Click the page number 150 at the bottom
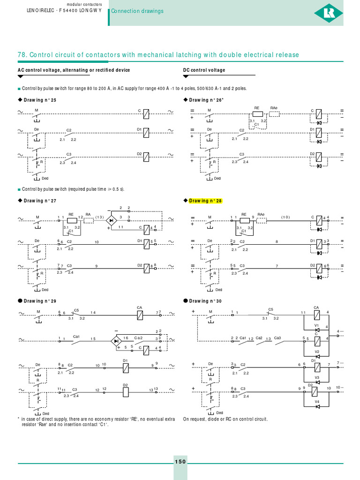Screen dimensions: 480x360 pyautogui.click(x=180, y=462)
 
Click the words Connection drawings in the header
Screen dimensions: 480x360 pyautogui.click(x=137, y=11)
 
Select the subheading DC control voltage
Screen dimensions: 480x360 pyautogui.click(x=204, y=70)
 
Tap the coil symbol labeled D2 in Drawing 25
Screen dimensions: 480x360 pyautogui.click(x=146, y=156)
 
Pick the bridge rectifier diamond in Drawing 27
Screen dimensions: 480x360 pyautogui.click(x=111, y=219)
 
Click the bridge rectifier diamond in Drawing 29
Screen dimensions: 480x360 pyautogui.click(x=116, y=341)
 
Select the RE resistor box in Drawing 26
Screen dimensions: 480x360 pyautogui.click(x=257, y=113)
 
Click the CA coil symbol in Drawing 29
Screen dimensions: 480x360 pyautogui.click(x=140, y=315)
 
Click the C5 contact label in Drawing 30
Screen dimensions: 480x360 pyautogui.click(x=270, y=309)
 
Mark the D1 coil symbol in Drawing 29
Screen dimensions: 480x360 pyautogui.click(x=125, y=368)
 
